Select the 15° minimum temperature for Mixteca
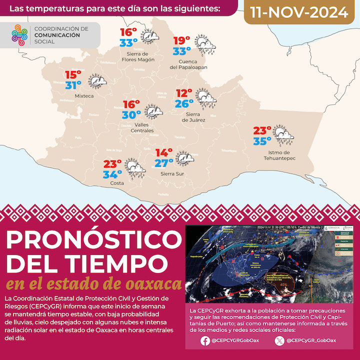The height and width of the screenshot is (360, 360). [x=73, y=75]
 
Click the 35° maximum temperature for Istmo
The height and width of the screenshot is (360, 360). [x=261, y=141]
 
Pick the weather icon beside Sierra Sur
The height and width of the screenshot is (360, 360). [x=185, y=158]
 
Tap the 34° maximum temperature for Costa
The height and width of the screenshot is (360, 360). [x=112, y=174]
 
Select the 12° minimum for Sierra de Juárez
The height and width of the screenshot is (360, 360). [x=184, y=93]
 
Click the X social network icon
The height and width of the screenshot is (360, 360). [x=278, y=341]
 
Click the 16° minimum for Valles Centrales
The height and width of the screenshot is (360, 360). [x=131, y=104]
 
